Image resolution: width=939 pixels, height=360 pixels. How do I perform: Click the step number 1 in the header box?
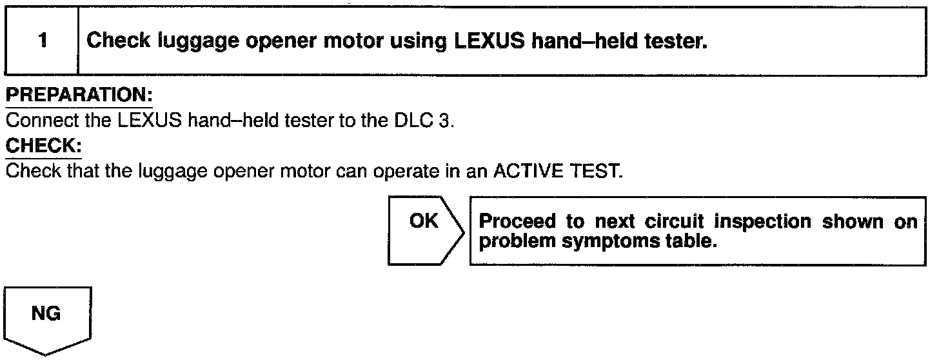(x=42, y=41)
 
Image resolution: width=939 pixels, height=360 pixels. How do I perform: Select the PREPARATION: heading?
(x=79, y=95)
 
